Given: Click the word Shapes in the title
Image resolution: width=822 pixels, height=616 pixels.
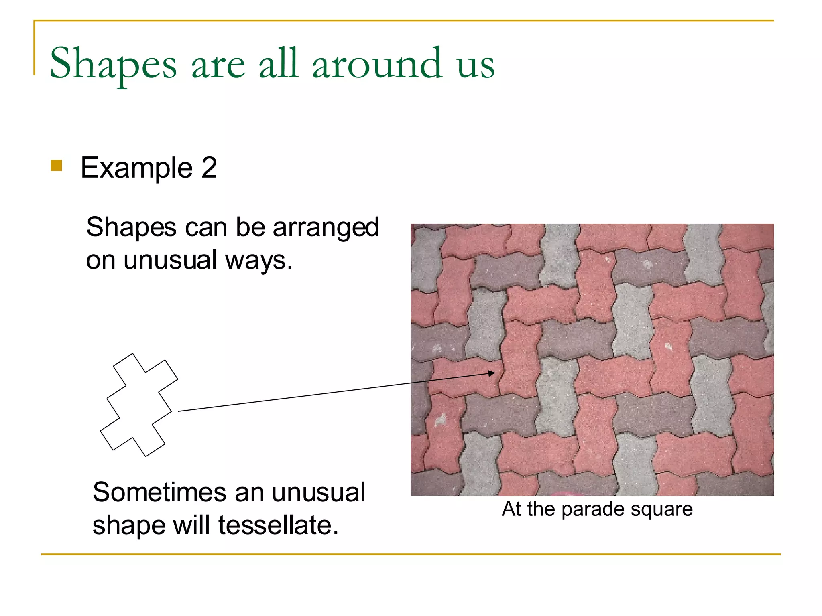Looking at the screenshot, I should (113, 64).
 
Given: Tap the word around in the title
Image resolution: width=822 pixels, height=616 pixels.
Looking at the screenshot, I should (377, 64).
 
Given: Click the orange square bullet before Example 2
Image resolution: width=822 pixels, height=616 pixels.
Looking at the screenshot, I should (57, 166).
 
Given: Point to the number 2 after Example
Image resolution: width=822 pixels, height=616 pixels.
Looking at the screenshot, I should (209, 168).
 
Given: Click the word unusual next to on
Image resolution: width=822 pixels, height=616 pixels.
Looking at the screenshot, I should (170, 261).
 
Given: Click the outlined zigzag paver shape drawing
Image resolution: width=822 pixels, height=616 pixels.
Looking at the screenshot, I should (139, 405).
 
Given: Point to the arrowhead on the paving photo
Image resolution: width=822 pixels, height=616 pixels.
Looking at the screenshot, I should (492, 373).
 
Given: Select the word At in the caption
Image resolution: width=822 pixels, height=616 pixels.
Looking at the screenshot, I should (511, 509).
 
